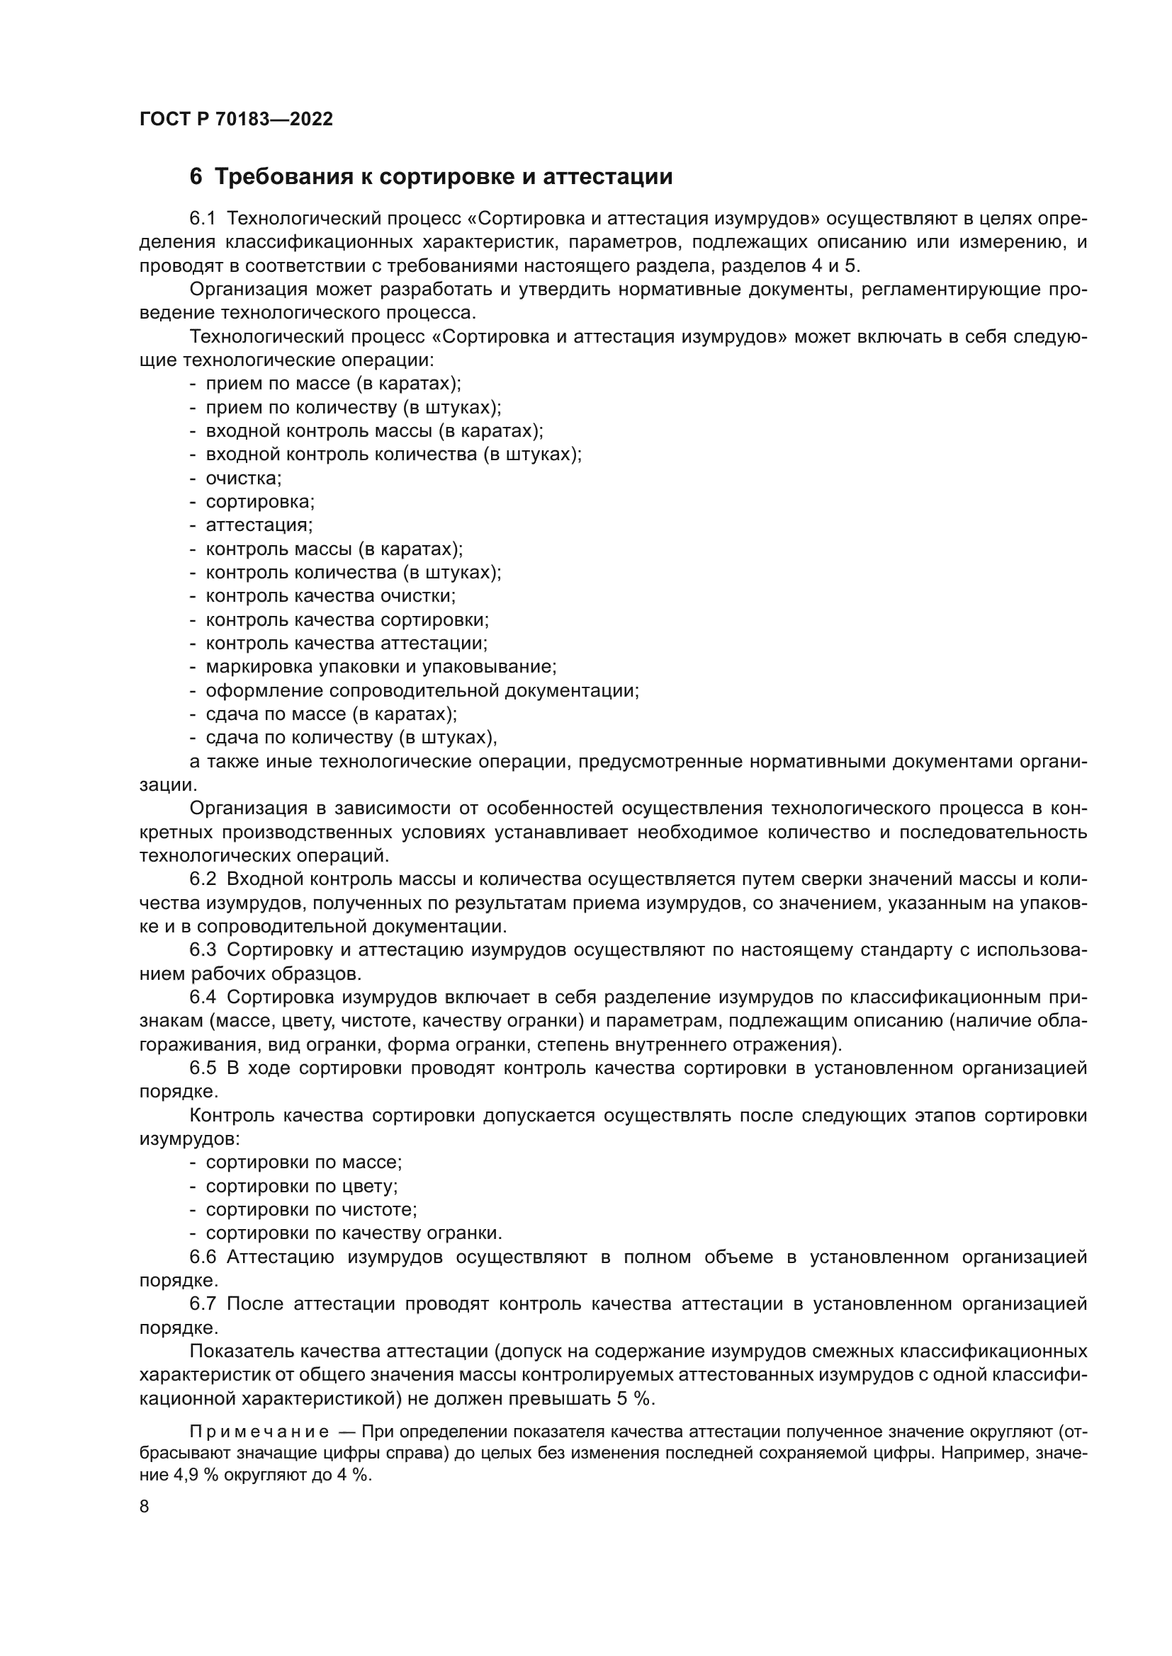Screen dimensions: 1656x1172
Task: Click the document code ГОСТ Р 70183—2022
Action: (236, 120)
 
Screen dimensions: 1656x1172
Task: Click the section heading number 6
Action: (196, 177)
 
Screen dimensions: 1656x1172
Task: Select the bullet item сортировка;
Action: (260, 501)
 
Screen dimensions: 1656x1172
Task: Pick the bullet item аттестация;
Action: (259, 525)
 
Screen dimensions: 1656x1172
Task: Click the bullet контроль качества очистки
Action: (330, 595)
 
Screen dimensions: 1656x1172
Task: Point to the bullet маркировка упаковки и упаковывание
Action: (381, 666)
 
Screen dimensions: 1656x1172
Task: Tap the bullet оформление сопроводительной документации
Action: (422, 690)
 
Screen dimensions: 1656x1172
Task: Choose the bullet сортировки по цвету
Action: (302, 1187)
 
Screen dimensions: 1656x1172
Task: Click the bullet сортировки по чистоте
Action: (311, 1209)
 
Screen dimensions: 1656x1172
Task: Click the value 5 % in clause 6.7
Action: (634, 1398)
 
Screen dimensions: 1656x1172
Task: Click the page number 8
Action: (145, 1507)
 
